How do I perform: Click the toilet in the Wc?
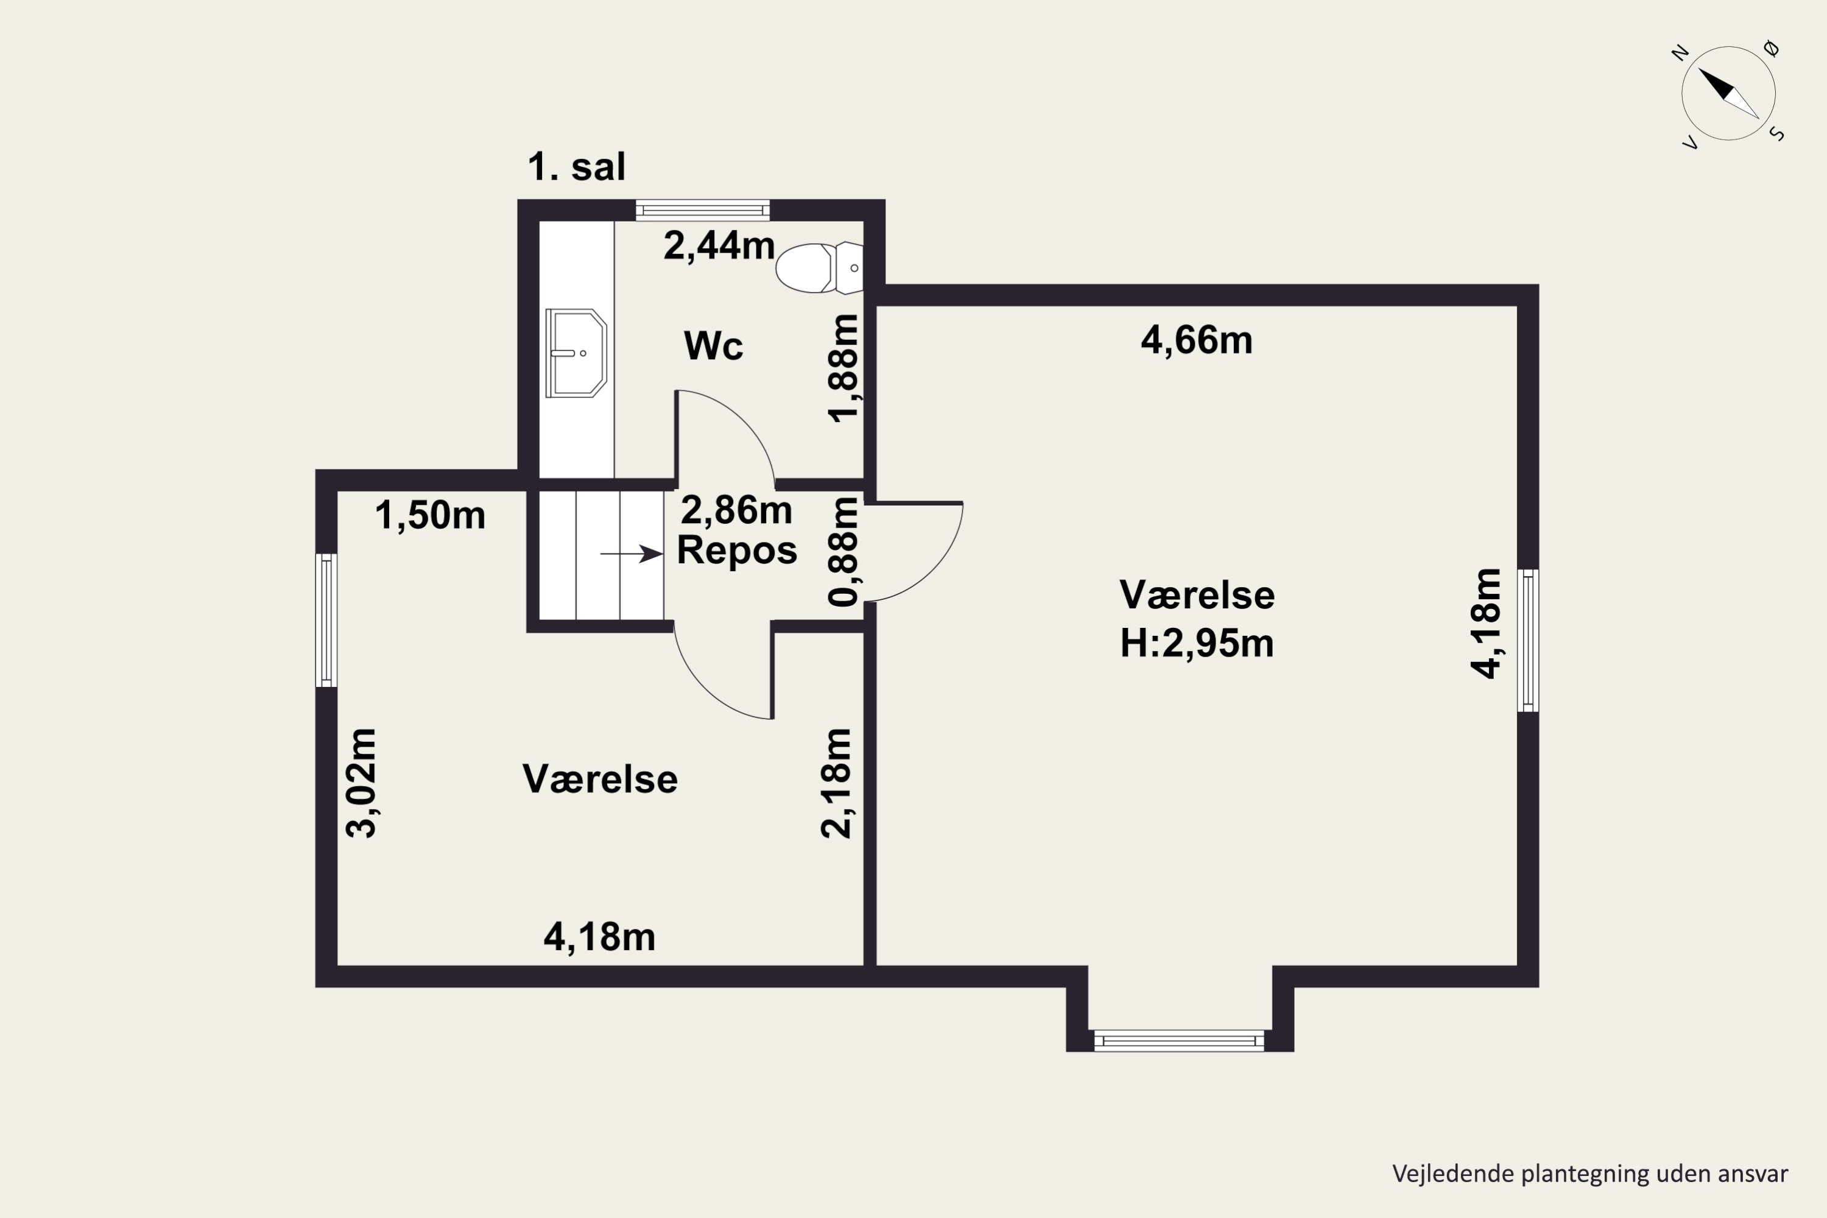(x=815, y=268)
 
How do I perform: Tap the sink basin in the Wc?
(x=576, y=353)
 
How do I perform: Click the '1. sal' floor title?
(x=576, y=166)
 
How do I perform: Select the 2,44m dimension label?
(x=719, y=246)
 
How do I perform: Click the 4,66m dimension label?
(x=1196, y=341)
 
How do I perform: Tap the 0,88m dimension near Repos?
(x=843, y=552)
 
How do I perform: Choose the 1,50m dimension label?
(x=429, y=516)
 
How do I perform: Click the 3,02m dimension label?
(x=361, y=783)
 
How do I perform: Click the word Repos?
(x=736, y=550)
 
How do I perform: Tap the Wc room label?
(x=713, y=346)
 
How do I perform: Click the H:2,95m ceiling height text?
(x=1196, y=644)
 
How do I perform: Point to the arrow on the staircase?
(x=631, y=554)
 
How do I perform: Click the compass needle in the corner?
(x=1728, y=93)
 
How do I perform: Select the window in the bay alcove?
(x=1179, y=1040)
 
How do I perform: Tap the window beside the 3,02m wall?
(x=326, y=620)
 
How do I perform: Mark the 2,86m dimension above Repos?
(x=736, y=511)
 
